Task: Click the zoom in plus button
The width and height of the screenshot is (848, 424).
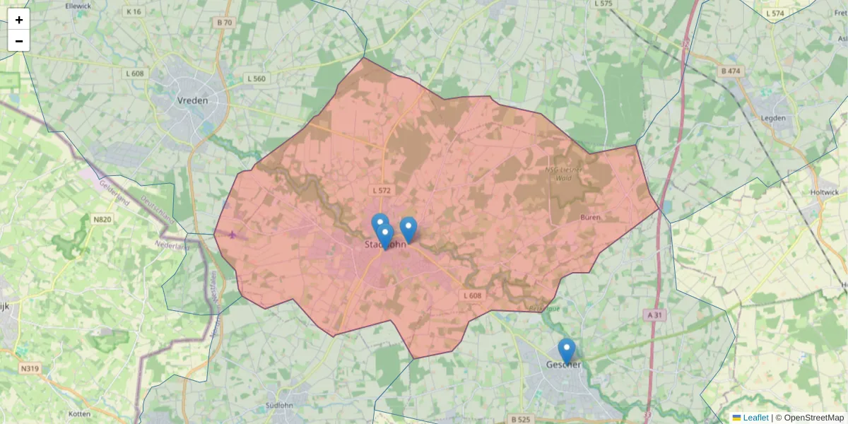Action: (19, 20)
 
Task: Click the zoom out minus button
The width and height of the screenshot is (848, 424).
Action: (19, 41)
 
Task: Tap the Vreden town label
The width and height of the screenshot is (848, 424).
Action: (192, 100)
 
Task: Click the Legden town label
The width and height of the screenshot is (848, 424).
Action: (773, 118)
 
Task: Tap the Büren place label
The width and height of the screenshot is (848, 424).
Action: (590, 218)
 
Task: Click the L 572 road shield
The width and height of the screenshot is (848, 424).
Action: (380, 191)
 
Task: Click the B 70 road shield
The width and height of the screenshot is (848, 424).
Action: (224, 23)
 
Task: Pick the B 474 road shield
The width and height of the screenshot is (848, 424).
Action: (731, 71)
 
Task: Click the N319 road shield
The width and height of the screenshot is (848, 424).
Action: (30, 368)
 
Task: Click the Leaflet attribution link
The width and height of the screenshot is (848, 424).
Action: (755, 418)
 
